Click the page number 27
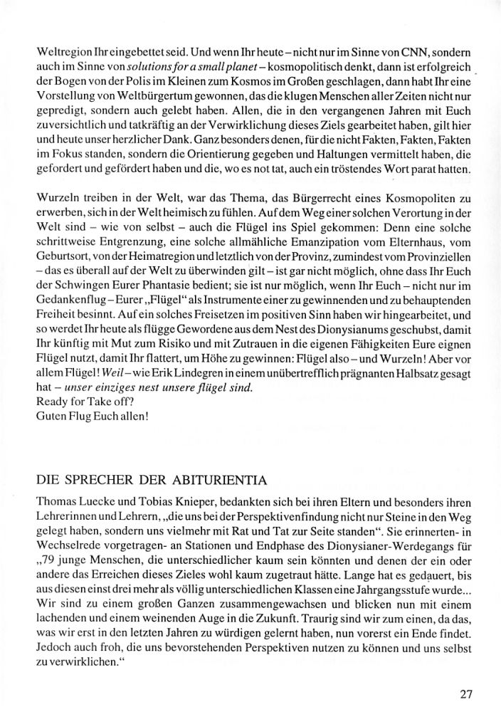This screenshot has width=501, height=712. coord(466,693)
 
